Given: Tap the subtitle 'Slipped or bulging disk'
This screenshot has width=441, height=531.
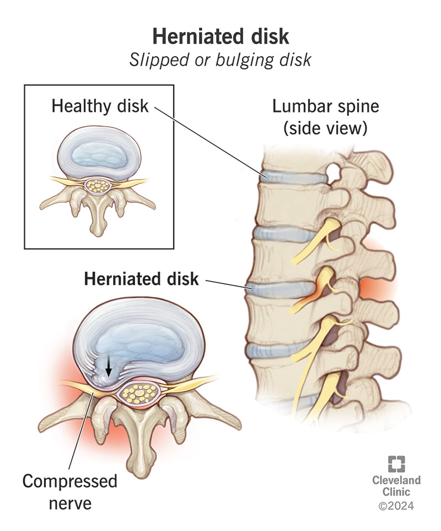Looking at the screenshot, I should point(220,60).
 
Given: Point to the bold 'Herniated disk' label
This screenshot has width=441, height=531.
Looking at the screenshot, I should point(141,279).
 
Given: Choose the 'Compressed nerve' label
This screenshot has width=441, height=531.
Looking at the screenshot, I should point(69,491).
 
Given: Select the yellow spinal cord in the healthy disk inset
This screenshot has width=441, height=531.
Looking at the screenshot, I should point(100,186).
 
